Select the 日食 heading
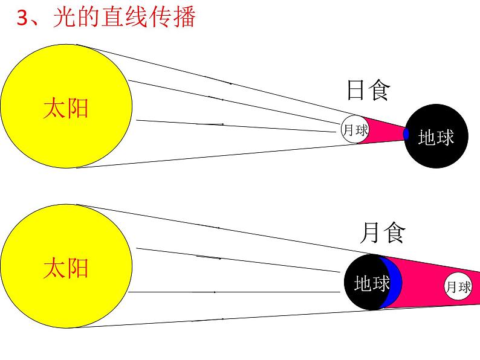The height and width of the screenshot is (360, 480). point(368,91)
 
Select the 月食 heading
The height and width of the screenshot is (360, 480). point(382,233)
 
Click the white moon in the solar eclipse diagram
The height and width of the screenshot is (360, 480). point(355,129)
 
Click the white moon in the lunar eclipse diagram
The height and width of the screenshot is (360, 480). point(458,287)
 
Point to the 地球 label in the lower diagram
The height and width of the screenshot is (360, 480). point(371,283)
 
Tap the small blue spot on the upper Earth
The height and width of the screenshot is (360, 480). point(406,134)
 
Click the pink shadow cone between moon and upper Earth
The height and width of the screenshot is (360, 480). point(384,130)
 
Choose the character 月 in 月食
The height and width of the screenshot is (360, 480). point(371,233)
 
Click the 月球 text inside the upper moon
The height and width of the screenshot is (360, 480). point(355,130)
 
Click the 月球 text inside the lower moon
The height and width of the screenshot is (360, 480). point(458,288)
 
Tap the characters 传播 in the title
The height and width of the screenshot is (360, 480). point(175,18)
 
